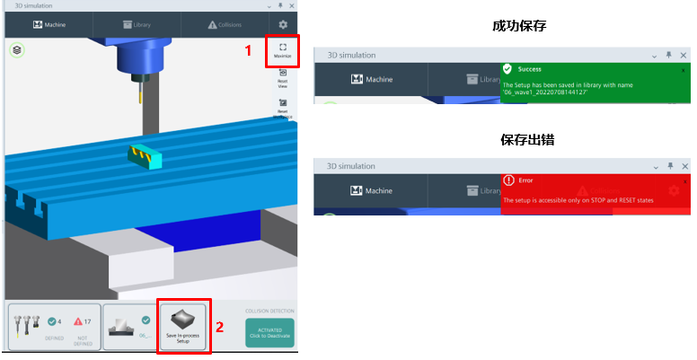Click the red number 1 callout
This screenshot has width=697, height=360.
pos(249,51)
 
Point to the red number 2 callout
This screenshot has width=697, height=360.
pos(220,327)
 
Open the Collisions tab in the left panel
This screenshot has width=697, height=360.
pos(225,25)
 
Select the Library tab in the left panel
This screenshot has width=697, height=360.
pos(137,25)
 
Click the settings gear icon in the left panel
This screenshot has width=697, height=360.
pos(283,25)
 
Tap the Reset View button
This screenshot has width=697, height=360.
pos(283,77)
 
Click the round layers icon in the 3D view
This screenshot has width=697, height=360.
pos(17,51)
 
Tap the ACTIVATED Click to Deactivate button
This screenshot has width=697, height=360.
pos(269,333)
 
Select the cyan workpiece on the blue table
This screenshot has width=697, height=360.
pos(145,156)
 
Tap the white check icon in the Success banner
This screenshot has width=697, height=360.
pos(508,68)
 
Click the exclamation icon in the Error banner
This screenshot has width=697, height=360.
pos(508,180)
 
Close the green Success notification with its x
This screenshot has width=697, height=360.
pos(683,69)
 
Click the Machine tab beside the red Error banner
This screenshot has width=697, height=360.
pos(370,190)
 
